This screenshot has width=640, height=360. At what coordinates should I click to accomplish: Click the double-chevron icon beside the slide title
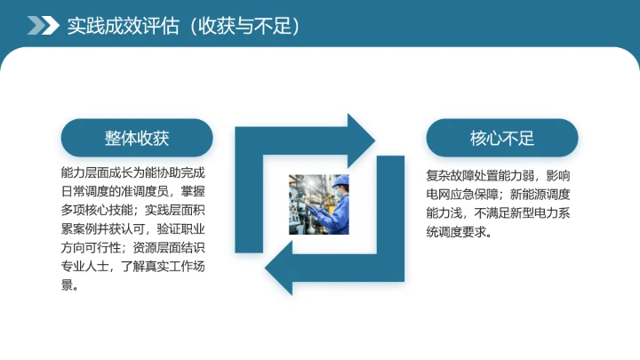point(41,26)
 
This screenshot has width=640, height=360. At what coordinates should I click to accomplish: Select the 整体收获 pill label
point(137,139)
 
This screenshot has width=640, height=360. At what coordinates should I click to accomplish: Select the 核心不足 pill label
point(502,139)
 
